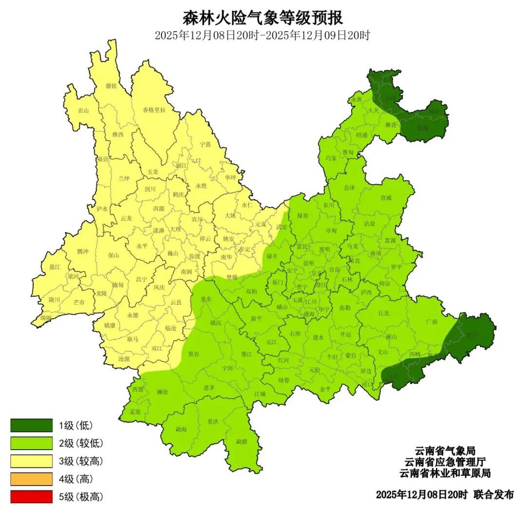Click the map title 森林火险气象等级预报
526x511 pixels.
263,18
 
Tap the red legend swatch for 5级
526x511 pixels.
31,497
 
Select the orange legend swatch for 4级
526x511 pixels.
31,479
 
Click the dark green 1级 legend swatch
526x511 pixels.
31,425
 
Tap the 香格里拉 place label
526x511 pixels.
154,110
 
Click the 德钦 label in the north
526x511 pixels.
111,86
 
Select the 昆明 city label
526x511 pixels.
308,263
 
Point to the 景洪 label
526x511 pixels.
213,421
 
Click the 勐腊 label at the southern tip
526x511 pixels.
242,441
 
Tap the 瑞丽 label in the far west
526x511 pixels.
46,318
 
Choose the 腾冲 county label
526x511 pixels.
83,251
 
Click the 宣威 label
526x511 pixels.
386,198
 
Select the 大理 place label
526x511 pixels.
176,229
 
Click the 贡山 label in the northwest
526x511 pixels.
83,110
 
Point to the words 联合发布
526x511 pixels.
493,494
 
